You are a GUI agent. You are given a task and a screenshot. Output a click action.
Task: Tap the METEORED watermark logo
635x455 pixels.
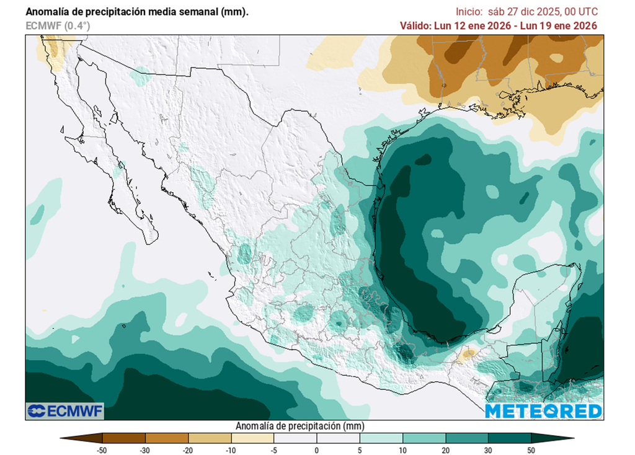click(x=543, y=411)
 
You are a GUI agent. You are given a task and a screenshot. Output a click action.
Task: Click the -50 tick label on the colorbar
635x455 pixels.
click(x=102, y=450)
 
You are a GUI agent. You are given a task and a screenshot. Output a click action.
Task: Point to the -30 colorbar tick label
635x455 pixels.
click(x=145, y=450)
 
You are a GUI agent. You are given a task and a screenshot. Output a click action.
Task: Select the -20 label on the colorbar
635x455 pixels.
click(x=188, y=450)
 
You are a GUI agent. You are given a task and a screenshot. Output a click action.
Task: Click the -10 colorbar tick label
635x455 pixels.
click(x=231, y=450)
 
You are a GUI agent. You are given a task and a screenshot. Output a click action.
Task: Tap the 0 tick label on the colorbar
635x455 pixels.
click(x=317, y=450)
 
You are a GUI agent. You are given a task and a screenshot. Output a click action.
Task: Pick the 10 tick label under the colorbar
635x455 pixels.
click(x=402, y=450)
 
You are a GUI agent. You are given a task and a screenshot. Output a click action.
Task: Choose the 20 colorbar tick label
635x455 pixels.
click(x=445, y=450)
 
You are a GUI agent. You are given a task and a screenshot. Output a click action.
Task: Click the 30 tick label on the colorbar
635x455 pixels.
click(x=488, y=450)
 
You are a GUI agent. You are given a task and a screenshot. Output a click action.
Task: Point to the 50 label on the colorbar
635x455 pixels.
click(x=531, y=450)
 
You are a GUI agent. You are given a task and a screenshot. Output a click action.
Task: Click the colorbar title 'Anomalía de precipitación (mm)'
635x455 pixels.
click(x=300, y=426)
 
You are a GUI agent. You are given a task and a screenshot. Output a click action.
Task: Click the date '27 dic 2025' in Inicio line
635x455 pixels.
click(x=531, y=12)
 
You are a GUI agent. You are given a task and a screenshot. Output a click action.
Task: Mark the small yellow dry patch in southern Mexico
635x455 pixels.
click(x=468, y=354)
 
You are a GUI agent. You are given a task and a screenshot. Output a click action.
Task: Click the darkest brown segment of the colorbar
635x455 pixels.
click(x=123, y=438)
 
